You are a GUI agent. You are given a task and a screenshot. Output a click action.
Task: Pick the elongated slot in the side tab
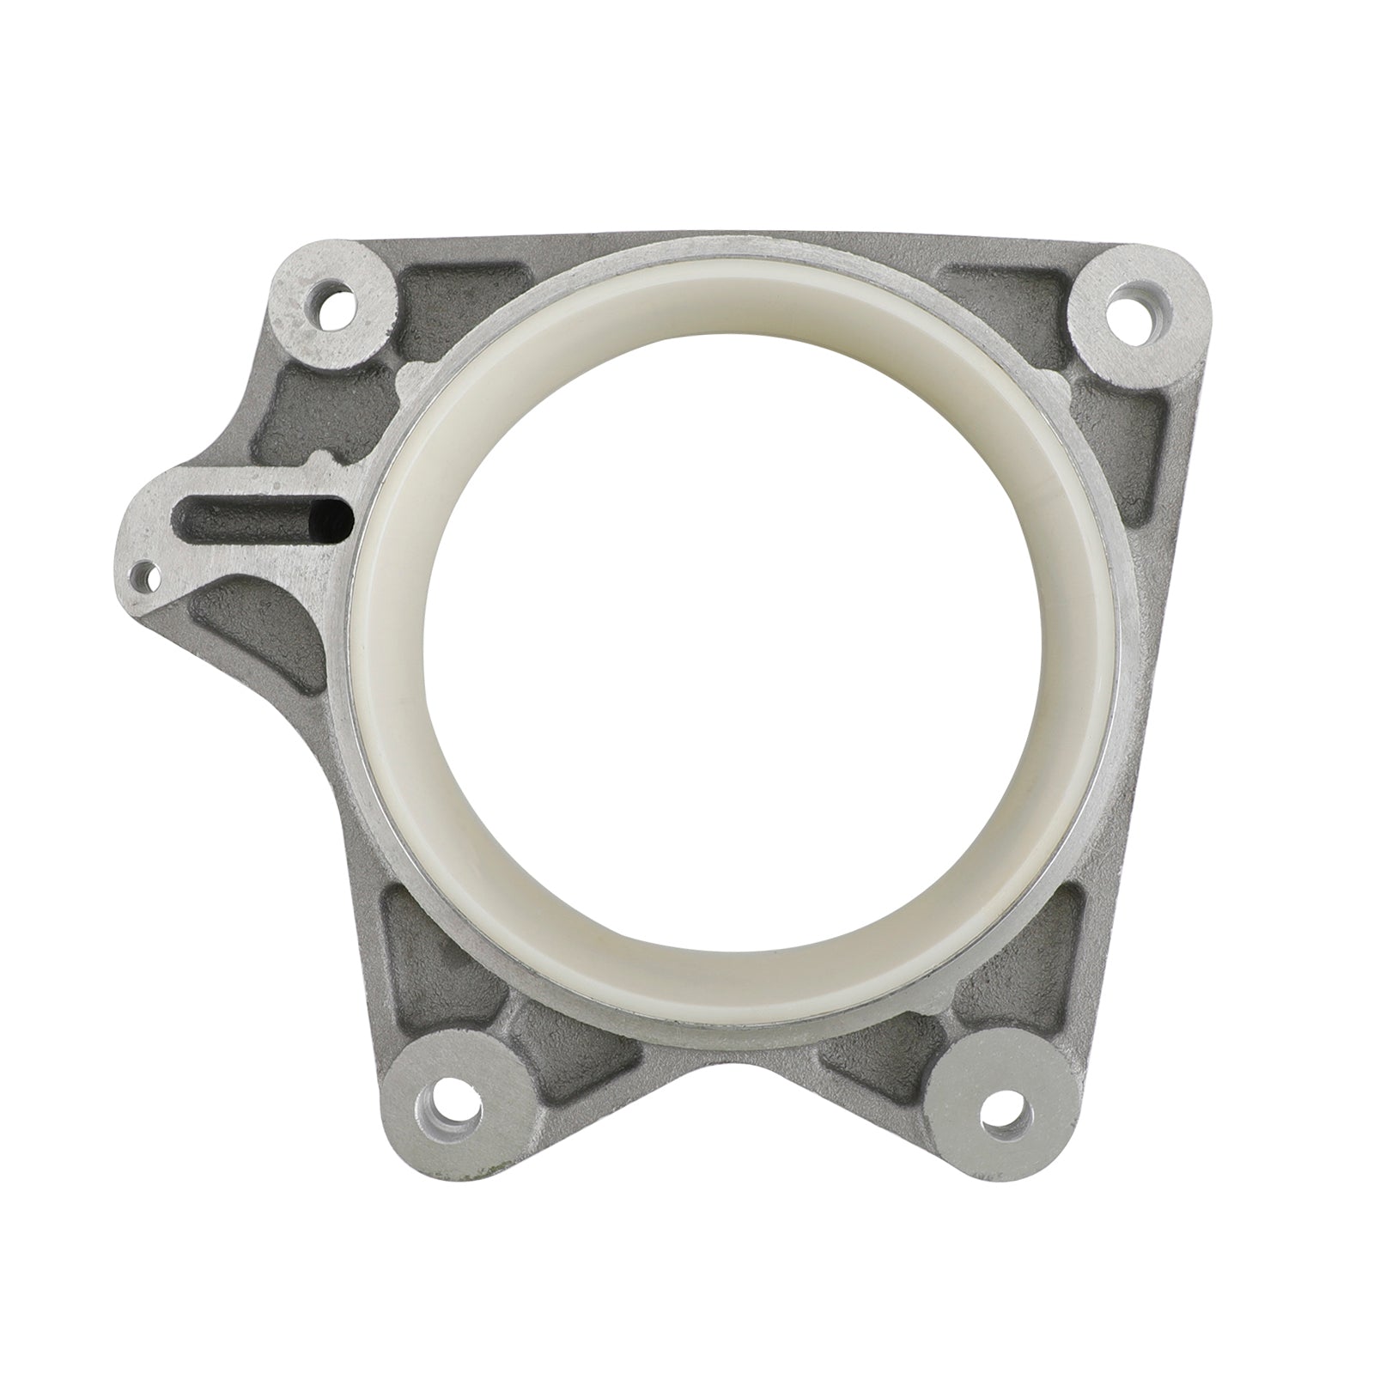pyautogui.click(x=249, y=517)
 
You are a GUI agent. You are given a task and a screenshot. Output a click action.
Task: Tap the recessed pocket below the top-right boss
pyautogui.click(x=1142, y=429)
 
